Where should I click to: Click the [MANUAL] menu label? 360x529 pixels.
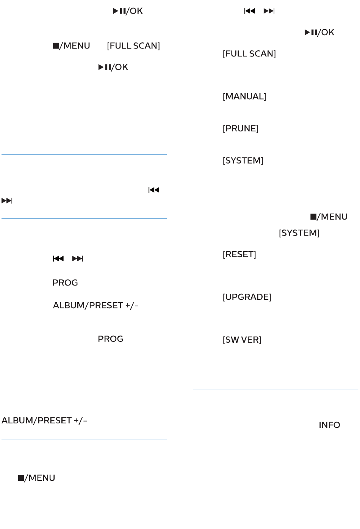(244, 97)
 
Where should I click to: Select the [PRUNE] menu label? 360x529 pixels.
(241, 129)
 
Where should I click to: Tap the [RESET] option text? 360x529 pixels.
(239, 254)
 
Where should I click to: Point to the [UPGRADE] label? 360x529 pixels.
(247, 297)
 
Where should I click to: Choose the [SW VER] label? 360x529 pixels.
(242, 340)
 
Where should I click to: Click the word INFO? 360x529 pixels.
(329, 425)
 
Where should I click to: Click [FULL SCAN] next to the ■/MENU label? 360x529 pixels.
(133, 46)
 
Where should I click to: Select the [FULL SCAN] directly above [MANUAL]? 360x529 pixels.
(249, 54)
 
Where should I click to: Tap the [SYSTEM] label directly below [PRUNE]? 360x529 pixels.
(243, 161)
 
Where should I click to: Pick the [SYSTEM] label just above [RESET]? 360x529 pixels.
(299, 233)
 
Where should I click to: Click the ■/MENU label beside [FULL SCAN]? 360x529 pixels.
(71, 46)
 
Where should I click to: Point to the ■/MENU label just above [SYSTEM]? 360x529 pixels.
(329, 217)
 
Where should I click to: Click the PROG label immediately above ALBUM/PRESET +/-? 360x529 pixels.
(65, 283)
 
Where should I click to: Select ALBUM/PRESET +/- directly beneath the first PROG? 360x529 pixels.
(95, 306)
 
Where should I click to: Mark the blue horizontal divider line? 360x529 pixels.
(84, 154)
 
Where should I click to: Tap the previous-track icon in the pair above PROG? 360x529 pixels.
(58, 259)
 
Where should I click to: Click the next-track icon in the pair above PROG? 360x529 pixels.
(78, 259)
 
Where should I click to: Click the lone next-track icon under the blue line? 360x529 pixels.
(7, 201)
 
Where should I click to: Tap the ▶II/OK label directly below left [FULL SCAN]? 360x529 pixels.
(113, 67)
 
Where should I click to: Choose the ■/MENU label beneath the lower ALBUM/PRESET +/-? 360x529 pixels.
(36, 478)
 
